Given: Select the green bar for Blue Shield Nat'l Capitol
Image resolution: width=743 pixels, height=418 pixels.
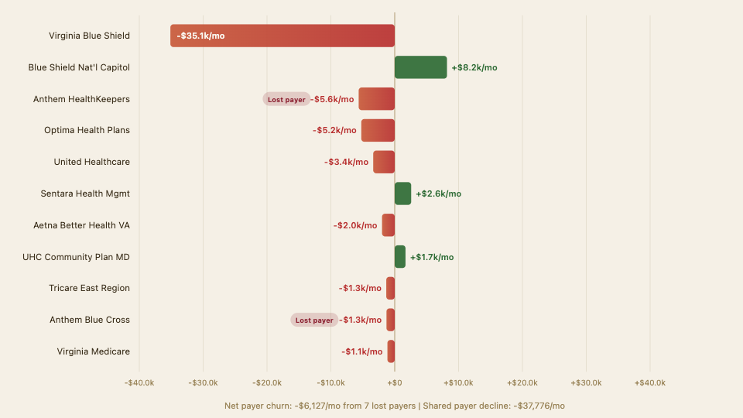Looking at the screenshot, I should click(420, 67).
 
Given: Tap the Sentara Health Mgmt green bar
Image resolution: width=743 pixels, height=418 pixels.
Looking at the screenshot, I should click(402, 194).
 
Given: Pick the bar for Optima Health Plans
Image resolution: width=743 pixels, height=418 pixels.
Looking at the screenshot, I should click(378, 130).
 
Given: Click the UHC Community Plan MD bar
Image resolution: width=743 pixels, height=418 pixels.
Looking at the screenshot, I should click(399, 257).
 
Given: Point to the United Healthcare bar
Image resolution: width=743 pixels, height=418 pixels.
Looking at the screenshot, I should click(384, 162).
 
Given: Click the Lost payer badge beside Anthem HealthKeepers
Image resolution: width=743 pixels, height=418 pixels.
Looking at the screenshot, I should click(286, 99).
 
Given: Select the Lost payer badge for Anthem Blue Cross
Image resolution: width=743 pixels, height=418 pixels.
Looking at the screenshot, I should click(314, 320).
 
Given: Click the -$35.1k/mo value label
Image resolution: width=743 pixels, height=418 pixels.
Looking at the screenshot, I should click(200, 36).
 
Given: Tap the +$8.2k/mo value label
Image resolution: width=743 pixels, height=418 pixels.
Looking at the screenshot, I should click(474, 67).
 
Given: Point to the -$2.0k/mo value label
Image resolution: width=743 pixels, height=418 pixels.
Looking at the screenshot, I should click(355, 225).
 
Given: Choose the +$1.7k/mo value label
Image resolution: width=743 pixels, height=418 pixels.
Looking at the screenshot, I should click(432, 257).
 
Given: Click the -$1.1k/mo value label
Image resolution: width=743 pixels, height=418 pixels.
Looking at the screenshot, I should click(361, 351).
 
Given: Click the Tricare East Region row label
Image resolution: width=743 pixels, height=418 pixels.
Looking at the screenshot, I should click(89, 288).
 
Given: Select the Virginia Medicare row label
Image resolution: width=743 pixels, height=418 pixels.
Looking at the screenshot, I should click(93, 351).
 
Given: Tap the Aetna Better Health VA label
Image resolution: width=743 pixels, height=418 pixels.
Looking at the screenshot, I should click(81, 225).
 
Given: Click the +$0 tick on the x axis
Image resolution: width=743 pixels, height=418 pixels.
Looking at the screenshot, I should click(395, 383).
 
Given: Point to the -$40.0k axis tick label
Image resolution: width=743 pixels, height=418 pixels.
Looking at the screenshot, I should click(139, 383).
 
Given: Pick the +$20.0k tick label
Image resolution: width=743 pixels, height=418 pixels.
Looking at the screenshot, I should click(522, 383).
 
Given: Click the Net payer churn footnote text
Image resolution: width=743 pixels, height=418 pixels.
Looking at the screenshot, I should click(394, 406).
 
